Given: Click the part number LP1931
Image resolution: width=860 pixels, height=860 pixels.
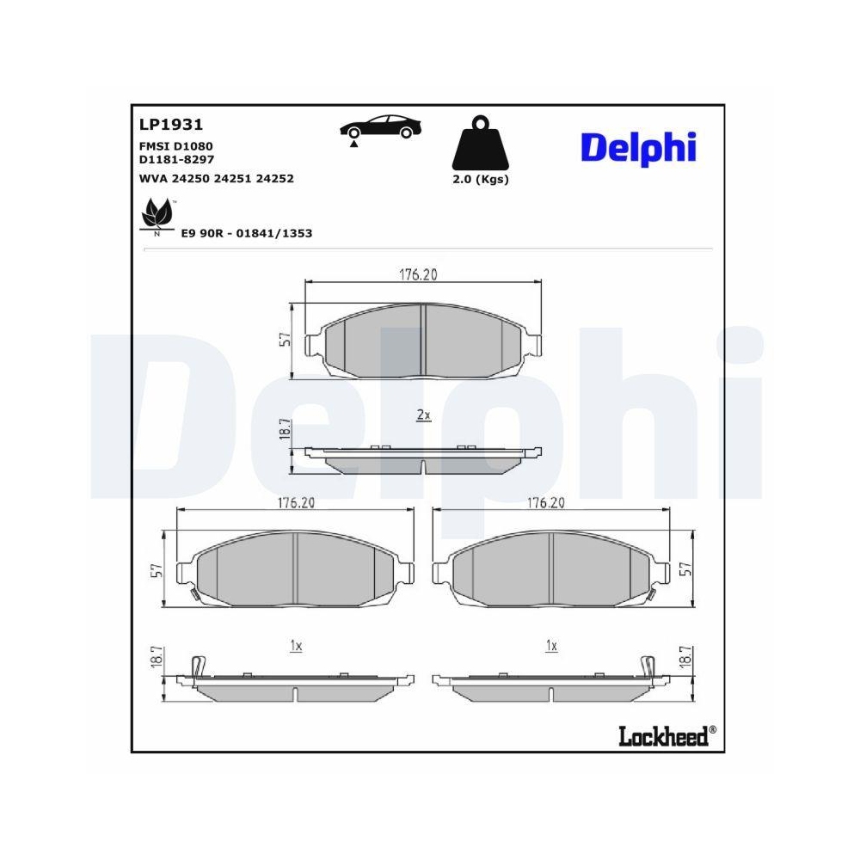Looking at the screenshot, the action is click(171, 125).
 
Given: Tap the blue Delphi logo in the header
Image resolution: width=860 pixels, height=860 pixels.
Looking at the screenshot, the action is click(638, 148).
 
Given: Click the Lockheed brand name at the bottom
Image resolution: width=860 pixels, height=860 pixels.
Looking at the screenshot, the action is click(664, 736).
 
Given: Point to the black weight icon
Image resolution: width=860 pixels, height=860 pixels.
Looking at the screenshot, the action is click(481, 143).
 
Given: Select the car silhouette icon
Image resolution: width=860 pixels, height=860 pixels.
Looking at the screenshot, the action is click(381, 128).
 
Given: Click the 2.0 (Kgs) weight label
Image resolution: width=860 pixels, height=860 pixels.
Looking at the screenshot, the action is click(481, 180).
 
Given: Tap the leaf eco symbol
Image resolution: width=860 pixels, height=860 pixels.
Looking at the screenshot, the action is click(157, 215).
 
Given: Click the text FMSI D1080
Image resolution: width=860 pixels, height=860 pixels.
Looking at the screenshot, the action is click(176, 146).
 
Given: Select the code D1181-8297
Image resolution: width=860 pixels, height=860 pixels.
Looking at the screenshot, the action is click(176, 160).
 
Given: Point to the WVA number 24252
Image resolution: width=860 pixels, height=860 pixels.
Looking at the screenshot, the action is click(275, 179).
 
